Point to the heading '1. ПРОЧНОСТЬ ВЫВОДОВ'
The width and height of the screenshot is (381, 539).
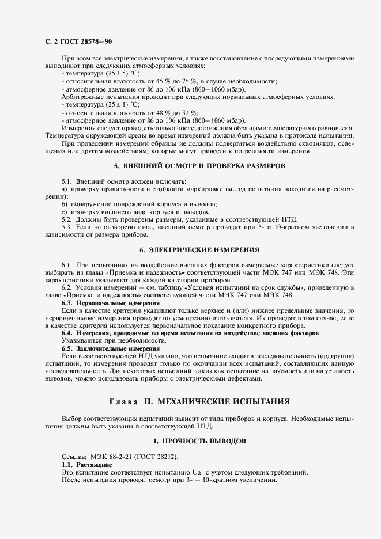click(x=199, y=441)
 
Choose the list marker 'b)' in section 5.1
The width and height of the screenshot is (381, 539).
click(x=65, y=204)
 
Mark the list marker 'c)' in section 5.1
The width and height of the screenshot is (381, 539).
click(x=64, y=212)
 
